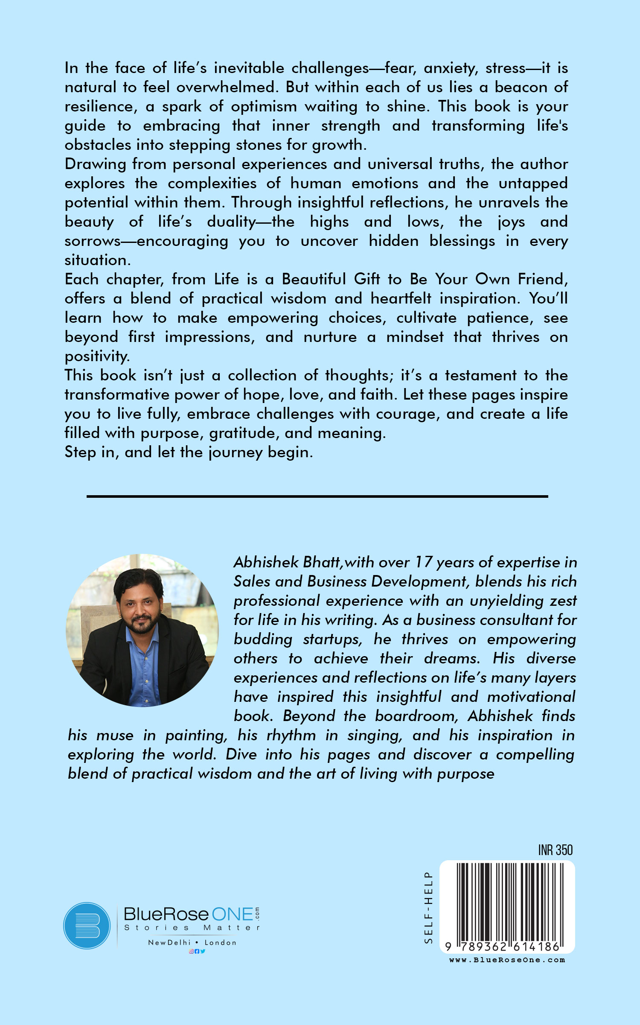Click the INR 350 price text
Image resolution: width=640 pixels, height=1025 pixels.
[x=555, y=850]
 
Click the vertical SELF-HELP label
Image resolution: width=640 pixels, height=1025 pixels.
[x=428, y=907]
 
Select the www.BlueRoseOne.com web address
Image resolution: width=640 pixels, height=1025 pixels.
[x=507, y=960]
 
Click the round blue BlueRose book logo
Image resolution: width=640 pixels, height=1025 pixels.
[x=87, y=926]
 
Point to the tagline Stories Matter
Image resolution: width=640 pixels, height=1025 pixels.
[x=192, y=928]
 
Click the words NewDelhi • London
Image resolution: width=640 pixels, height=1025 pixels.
[x=192, y=943]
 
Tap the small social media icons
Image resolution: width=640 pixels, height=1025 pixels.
[x=197, y=951]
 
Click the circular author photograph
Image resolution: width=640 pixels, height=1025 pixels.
[x=142, y=630]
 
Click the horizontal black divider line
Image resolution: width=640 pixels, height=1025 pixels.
[x=317, y=496]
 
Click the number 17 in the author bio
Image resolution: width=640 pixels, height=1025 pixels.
[x=423, y=562]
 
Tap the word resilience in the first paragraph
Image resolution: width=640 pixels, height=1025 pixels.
[x=101, y=106]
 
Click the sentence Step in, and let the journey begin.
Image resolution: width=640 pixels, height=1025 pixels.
[x=189, y=452]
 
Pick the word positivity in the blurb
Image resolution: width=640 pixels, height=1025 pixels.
[x=97, y=356]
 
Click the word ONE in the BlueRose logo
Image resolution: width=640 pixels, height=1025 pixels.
[x=233, y=914]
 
